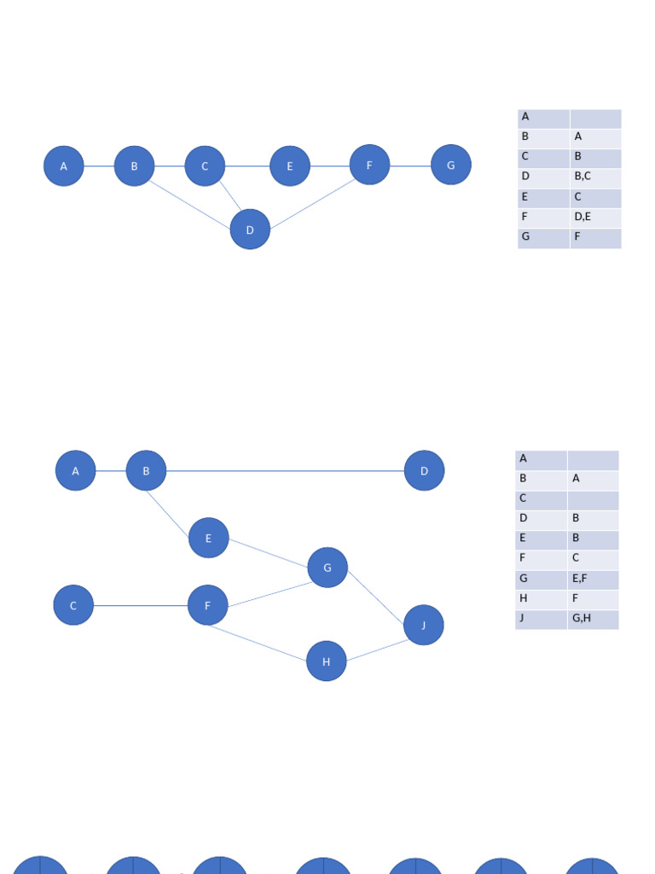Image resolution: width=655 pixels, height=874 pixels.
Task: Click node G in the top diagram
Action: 451,165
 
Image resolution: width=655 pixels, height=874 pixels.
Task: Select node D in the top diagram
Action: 250,230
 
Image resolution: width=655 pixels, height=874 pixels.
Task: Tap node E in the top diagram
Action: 290,166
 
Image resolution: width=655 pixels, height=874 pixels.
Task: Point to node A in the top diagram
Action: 64,166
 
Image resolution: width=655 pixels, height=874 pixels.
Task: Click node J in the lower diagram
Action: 424,625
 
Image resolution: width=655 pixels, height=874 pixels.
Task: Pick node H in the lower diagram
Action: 326,661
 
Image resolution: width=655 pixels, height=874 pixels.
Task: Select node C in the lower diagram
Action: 73,605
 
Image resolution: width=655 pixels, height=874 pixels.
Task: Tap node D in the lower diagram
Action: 424,470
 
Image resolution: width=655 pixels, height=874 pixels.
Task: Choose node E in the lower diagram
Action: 209,538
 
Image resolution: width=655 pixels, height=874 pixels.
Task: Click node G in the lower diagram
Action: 327,568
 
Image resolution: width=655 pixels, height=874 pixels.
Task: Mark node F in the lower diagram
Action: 207,605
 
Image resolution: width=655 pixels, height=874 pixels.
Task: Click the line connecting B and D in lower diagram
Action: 286,470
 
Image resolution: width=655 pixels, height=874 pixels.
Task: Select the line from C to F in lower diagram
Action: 141,605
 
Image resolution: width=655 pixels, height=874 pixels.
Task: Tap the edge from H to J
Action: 375,650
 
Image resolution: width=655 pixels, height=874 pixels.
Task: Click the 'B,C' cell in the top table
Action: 595,177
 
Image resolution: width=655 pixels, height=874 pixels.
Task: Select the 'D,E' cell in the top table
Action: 595,217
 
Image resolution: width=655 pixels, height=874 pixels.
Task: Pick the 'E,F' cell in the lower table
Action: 593,580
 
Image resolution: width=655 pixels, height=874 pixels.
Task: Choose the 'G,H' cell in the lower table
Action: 593,619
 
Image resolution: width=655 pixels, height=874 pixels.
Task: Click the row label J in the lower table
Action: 541,619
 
